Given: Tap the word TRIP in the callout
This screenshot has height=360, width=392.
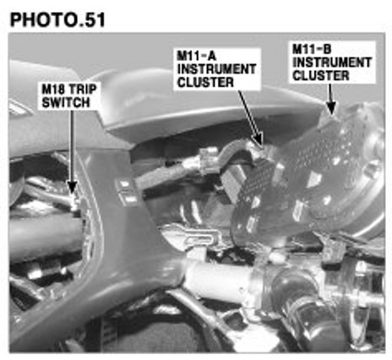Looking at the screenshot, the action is pyautogui.click(x=83, y=90).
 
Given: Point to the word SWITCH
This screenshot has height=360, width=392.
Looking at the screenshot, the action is pyautogui.click(x=66, y=102).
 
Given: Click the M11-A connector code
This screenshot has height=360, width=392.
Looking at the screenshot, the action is pyautogui.click(x=196, y=56).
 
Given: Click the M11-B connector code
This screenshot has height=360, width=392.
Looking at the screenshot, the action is pyautogui.click(x=312, y=49).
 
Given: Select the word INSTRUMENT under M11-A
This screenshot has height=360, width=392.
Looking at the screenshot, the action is pyautogui.click(x=216, y=69).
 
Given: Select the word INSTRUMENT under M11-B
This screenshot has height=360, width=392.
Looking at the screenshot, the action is pyautogui.click(x=332, y=63).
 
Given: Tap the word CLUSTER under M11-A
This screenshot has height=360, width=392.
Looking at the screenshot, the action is pyautogui.click(x=205, y=82).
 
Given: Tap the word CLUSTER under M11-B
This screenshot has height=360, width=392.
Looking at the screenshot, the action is pyautogui.click(x=321, y=75).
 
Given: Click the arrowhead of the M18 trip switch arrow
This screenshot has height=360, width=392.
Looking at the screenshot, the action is pyautogui.click(x=72, y=187).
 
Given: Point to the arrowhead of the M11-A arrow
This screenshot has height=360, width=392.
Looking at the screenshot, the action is pyautogui.click(x=259, y=139).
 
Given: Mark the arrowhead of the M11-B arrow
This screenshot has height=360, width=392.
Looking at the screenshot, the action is pyautogui.click(x=331, y=108).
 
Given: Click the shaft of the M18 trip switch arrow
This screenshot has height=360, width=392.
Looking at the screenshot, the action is pyautogui.click(x=72, y=145).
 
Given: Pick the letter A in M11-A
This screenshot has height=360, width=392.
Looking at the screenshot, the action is pyautogui.click(x=211, y=56).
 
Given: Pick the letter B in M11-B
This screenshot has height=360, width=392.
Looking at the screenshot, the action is pyautogui.click(x=327, y=49).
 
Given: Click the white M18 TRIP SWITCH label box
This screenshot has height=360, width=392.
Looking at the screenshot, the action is pyautogui.click(x=69, y=95).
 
